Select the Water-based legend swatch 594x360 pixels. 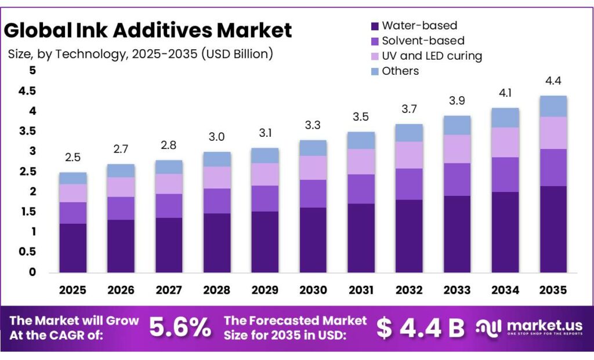(375, 26)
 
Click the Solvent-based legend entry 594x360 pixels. (423, 41)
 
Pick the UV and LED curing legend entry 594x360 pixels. (432, 56)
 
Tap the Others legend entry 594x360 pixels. (400, 71)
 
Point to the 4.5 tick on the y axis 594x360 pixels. (27, 91)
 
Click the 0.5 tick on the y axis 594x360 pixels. (27, 252)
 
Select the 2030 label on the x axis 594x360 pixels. (313, 290)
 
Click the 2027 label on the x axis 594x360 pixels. (169, 290)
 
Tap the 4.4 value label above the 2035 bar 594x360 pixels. (552, 81)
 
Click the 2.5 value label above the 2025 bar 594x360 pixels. (73, 158)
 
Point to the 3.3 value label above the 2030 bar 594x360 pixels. (313, 125)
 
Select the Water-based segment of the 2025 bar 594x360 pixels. (73, 248)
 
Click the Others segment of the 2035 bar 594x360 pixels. (552, 106)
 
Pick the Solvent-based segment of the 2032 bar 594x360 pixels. (408, 184)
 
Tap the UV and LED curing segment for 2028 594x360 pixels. (217, 177)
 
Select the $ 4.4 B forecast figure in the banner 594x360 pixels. (421, 328)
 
